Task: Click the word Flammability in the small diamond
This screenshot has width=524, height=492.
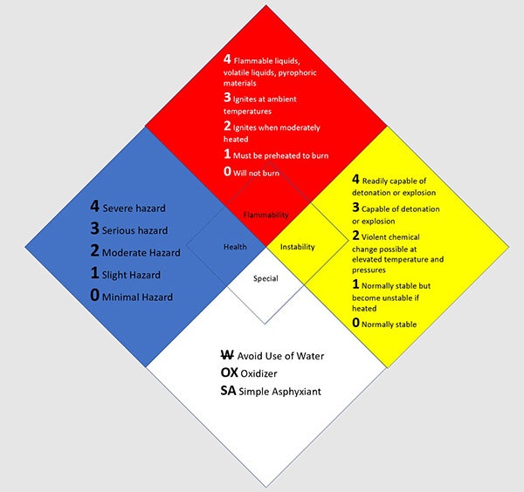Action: pos(266,214)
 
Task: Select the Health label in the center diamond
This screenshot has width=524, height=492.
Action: pos(235,247)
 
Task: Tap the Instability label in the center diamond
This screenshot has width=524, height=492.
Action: pos(298,247)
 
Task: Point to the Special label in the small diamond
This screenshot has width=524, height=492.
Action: pos(265,279)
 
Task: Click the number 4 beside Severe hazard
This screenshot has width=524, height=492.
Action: pos(95,207)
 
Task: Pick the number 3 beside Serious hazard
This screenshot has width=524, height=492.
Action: pos(95,229)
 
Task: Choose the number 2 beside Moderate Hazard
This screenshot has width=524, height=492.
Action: pos(95,251)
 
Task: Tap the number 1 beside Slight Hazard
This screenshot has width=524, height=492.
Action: pos(95,274)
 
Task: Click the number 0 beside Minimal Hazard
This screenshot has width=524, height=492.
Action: pos(95,296)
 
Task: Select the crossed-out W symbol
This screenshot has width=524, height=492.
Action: pos(227,356)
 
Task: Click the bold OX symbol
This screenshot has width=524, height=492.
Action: pos(230,373)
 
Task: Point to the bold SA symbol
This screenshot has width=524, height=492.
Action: pos(229,391)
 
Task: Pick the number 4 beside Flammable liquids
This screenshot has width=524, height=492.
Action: pos(227,59)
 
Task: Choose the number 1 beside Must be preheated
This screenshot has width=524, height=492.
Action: pos(227,154)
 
